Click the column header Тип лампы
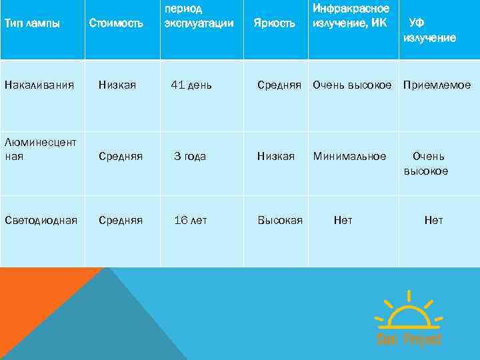(32, 24)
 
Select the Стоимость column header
(116, 24)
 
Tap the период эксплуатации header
(199, 17)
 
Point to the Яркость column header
(274, 24)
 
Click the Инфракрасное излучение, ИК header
(351, 17)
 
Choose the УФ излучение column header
(429, 31)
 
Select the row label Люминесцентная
(40, 149)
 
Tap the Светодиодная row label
(41, 221)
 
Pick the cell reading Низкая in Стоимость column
(117, 85)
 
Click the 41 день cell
(191, 85)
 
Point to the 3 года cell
(190, 157)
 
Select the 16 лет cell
(191, 221)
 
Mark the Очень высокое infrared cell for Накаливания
(352, 85)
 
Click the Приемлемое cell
(437, 85)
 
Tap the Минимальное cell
(349, 157)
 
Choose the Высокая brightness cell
(280, 221)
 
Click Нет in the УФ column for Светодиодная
(433, 221)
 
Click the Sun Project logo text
(409, 339)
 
